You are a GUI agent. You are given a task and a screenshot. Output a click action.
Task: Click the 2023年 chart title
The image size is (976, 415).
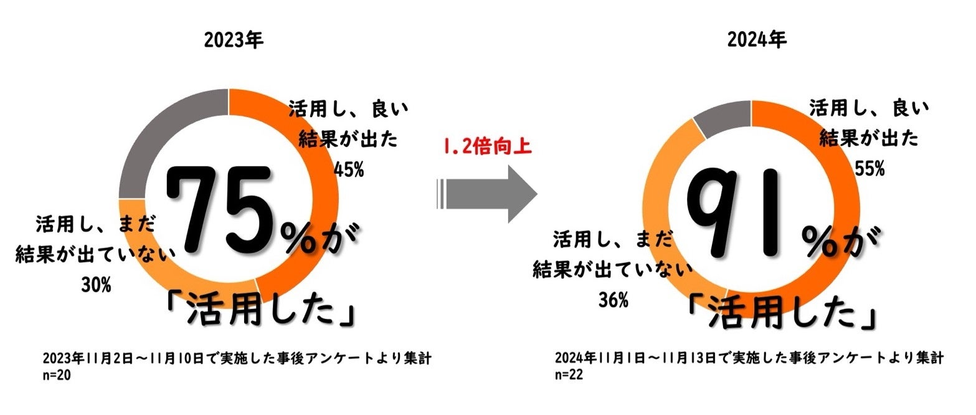pos(234,41)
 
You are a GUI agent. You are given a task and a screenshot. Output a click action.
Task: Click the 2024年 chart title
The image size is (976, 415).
pos(757,41)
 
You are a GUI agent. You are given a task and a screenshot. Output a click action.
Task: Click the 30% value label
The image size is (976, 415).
pos(96,286)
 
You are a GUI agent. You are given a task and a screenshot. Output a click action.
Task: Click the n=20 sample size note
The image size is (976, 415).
pos(58,376)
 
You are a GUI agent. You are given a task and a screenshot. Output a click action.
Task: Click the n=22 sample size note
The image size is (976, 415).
pos(569,376)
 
